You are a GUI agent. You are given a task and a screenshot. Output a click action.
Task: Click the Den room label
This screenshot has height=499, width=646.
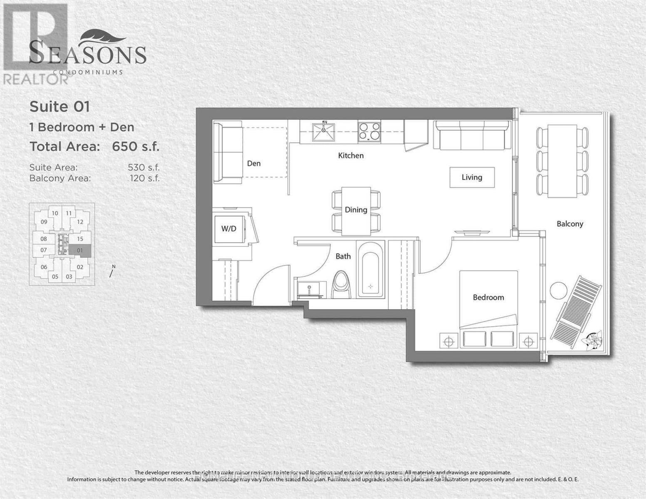point(253,163)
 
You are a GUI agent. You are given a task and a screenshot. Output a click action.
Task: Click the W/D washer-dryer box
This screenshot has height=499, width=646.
point(229,229)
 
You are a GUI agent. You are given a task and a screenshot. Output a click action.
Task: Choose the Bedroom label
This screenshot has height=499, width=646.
point(488,297)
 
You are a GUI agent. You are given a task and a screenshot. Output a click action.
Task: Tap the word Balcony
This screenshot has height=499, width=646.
point(570,224)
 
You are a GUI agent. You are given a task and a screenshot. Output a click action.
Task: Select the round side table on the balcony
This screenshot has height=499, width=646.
point(558,290)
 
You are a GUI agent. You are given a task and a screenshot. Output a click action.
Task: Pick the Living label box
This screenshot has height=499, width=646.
point(472,177)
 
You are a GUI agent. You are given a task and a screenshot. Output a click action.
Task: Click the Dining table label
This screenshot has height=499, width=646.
point(356,210)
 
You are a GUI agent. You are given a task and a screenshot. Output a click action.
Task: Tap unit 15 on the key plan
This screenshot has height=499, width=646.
point(80,239)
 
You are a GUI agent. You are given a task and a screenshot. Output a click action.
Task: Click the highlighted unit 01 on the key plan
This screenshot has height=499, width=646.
point(80,250)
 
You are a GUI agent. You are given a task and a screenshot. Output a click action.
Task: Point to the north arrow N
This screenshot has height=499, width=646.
point(112,271)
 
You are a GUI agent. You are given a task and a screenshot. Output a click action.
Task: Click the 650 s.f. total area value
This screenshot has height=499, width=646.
point(136,146)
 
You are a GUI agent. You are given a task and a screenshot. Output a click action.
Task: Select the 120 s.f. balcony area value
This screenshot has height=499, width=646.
point(144,178)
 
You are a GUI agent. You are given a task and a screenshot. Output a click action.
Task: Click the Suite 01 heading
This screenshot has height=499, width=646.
point(60,107)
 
